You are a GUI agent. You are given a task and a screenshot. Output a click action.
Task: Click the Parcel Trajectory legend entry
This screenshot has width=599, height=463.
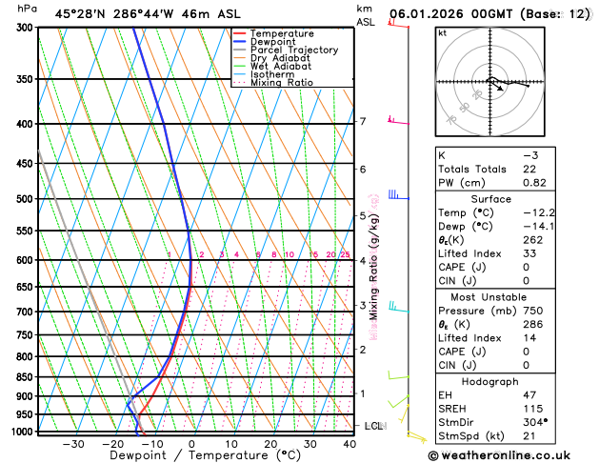[x=293, y=50]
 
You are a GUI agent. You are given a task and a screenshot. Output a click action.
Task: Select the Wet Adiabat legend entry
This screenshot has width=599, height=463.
[x=280, y=67]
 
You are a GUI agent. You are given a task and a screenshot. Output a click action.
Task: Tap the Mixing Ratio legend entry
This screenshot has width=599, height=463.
[x=281, y=83]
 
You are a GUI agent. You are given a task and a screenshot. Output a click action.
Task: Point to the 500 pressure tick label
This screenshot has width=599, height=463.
[x=24, y=199]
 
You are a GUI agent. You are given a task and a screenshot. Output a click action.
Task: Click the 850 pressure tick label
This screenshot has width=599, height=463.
[x=24, y=377]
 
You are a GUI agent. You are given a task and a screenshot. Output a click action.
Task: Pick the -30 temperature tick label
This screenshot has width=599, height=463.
[x=72, y=444]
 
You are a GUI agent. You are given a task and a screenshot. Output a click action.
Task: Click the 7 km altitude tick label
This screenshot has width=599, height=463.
[x=363, y=121]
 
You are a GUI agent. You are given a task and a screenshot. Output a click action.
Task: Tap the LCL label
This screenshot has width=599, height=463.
[x=373, y=426]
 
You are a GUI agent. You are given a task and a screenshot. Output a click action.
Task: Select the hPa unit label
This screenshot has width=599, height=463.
[x=29, y=9]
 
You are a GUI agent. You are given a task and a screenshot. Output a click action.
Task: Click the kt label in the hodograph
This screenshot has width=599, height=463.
[x=443, y=32]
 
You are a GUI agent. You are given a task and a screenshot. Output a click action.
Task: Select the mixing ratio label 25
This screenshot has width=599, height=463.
[x=345, y=254]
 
